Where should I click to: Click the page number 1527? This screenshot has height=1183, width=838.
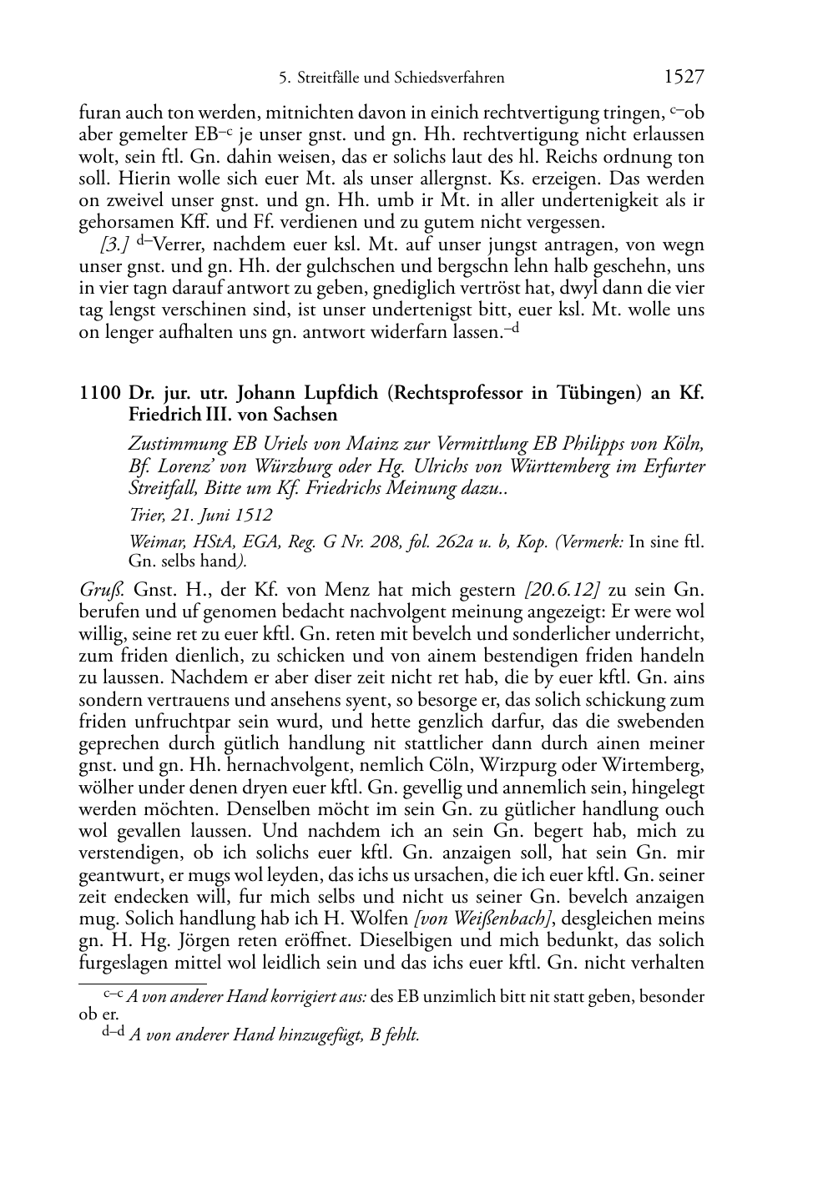click(684, 78)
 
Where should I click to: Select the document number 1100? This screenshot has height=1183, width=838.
click(98, 393)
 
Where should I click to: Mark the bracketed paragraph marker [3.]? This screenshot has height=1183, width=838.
click(114, 245)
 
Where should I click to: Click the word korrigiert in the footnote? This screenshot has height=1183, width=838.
click(285, 996)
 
